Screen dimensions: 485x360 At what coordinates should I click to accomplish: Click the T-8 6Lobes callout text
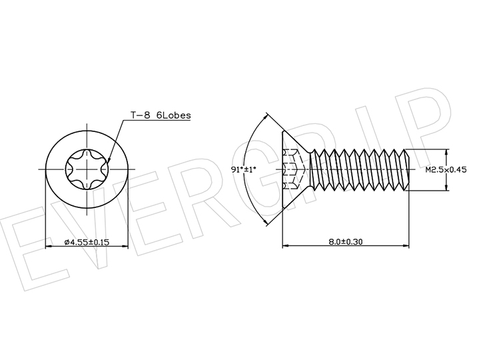pyautogui.click(x=161, y=115)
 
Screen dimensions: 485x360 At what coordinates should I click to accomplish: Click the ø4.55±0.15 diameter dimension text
pyautogui.click(x=87, y=242)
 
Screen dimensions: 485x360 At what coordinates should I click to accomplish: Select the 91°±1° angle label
pyautogui.click(x=244, y=169)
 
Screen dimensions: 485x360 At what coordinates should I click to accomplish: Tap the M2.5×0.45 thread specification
pyautogui.click(x=446, y=169)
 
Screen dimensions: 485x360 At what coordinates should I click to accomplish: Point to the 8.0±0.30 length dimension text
pyautogui.click(x=346, y=241)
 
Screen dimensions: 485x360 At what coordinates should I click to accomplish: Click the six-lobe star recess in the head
pyautogui.click(x=87, y=169)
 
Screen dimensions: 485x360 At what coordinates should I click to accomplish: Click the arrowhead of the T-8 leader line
pyautogui.click(x=108, y=160)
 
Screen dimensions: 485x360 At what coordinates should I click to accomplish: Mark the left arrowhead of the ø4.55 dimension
pyautogui.click(x=49, y=247)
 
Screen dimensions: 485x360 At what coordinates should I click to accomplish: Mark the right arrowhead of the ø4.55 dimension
pyautogui.click(x=125, y=247)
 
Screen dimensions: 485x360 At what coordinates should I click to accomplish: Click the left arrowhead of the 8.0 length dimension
pyautogui.click(x=286, y=246)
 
